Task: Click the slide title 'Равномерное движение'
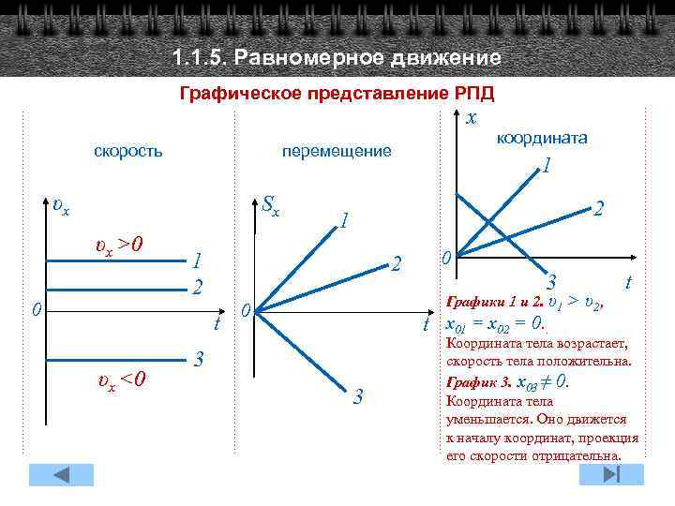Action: pos(367,58)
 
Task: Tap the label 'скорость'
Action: pos(127,150)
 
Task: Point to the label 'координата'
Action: pos(542,137)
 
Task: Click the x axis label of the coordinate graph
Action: pos(472,117)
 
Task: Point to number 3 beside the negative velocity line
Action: pos(198,359)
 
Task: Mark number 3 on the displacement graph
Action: pos(357,396)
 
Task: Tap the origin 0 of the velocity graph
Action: pos(34,309)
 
